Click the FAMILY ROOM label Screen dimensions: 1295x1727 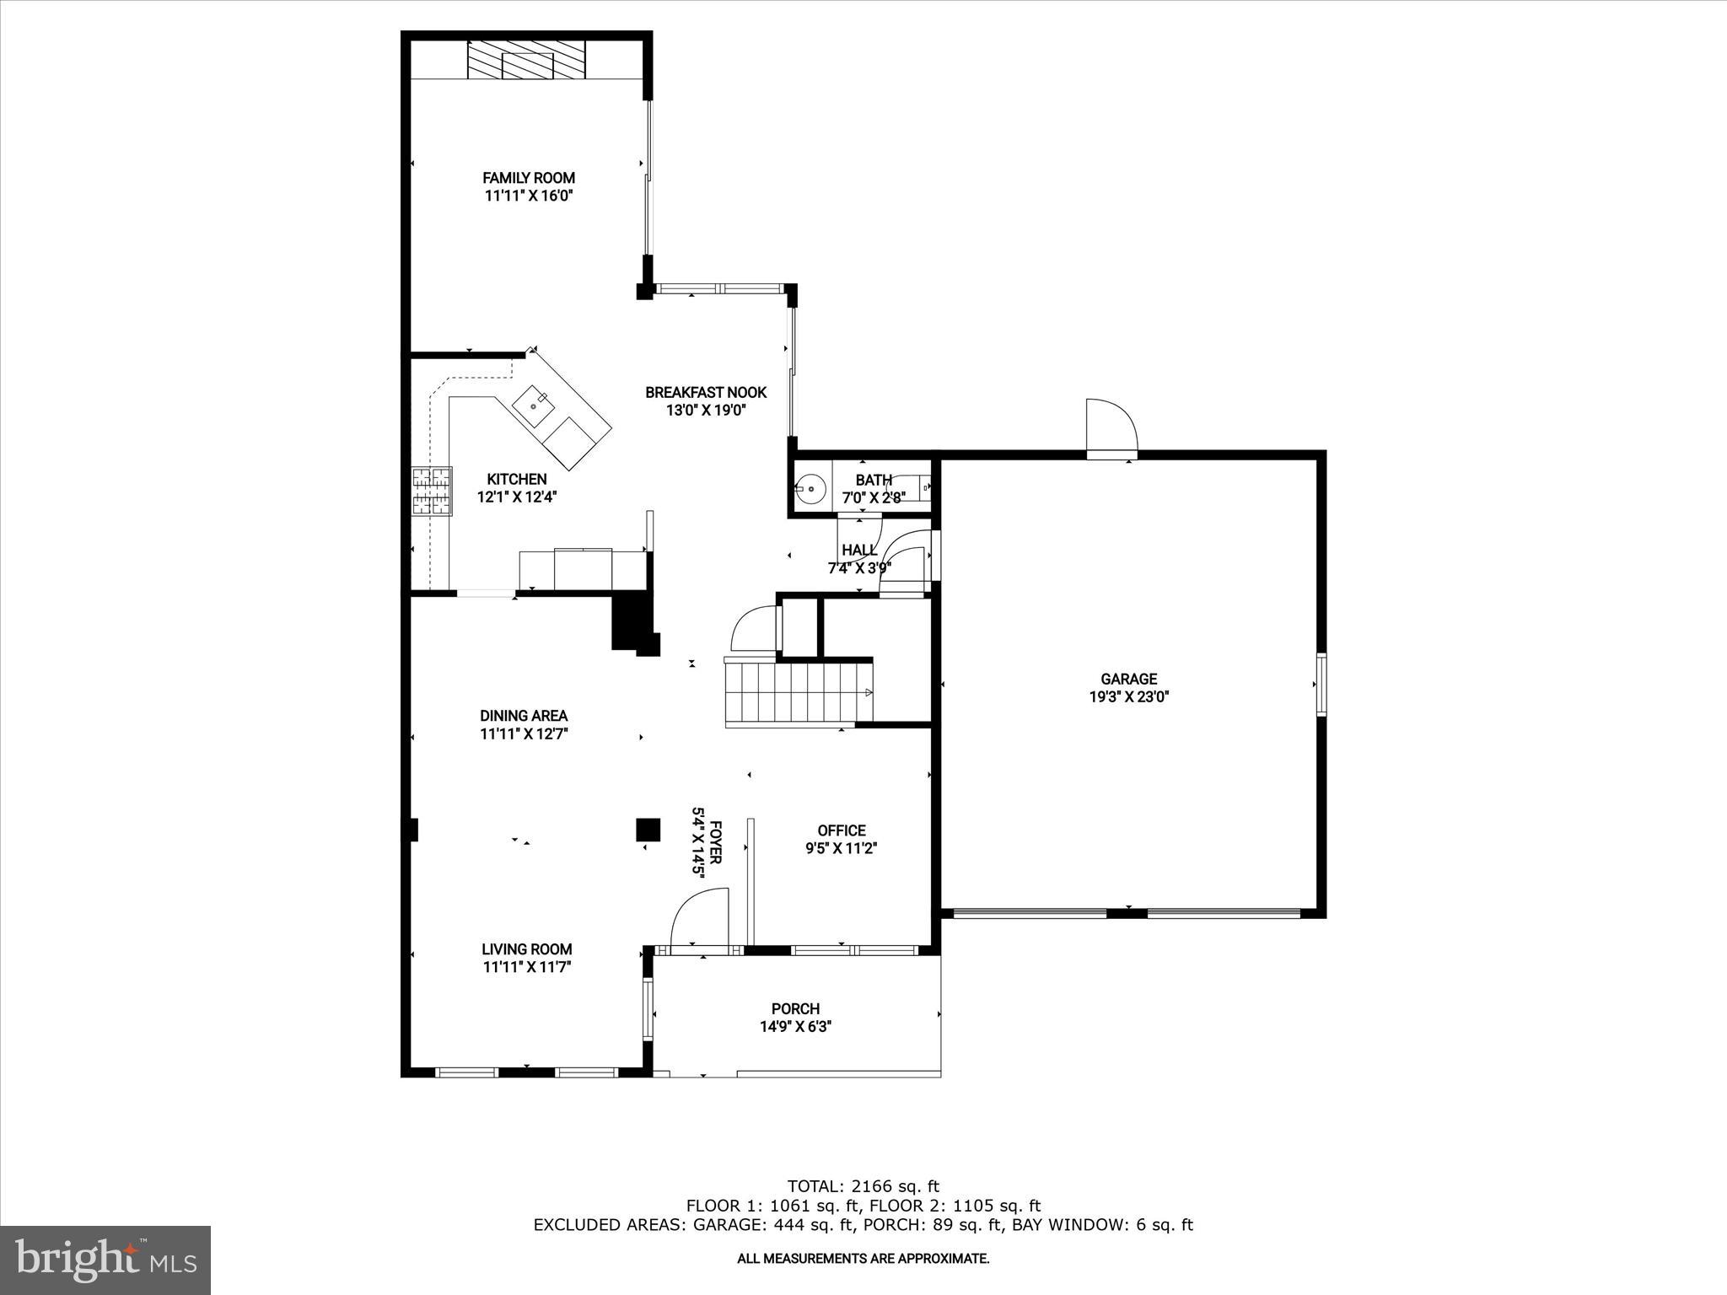tap(529, 178)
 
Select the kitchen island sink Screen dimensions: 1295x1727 tap(535, 406)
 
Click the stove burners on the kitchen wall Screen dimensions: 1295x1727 tap(432, 491)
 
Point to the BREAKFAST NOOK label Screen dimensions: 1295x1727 tap(706, 392)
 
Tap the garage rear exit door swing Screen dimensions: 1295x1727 tap(1111, 428)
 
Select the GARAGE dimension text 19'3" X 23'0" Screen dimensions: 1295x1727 tap(1128, 696)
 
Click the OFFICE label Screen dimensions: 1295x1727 tap(841, 830)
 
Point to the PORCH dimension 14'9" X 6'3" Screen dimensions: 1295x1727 tap(795, 1027)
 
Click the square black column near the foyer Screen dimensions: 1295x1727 tap(648, 830)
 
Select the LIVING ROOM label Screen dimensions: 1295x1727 tap(527, 949)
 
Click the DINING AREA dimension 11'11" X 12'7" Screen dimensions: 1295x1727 tap(524, 733)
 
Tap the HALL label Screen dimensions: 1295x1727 tap(858, 551)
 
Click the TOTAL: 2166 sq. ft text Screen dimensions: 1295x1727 tap(863, 1186)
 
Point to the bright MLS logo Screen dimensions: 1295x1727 tap(105, 1260)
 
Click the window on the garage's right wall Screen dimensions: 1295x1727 tap(1321, 685)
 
